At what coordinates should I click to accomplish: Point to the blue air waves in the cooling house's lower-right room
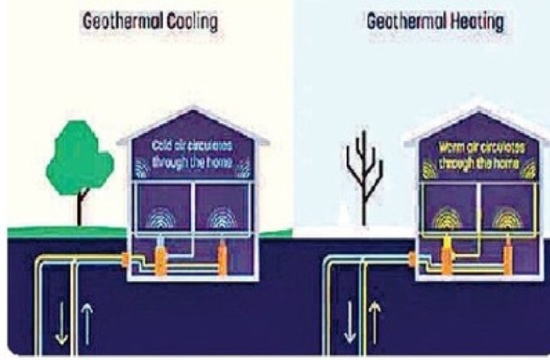223,219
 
